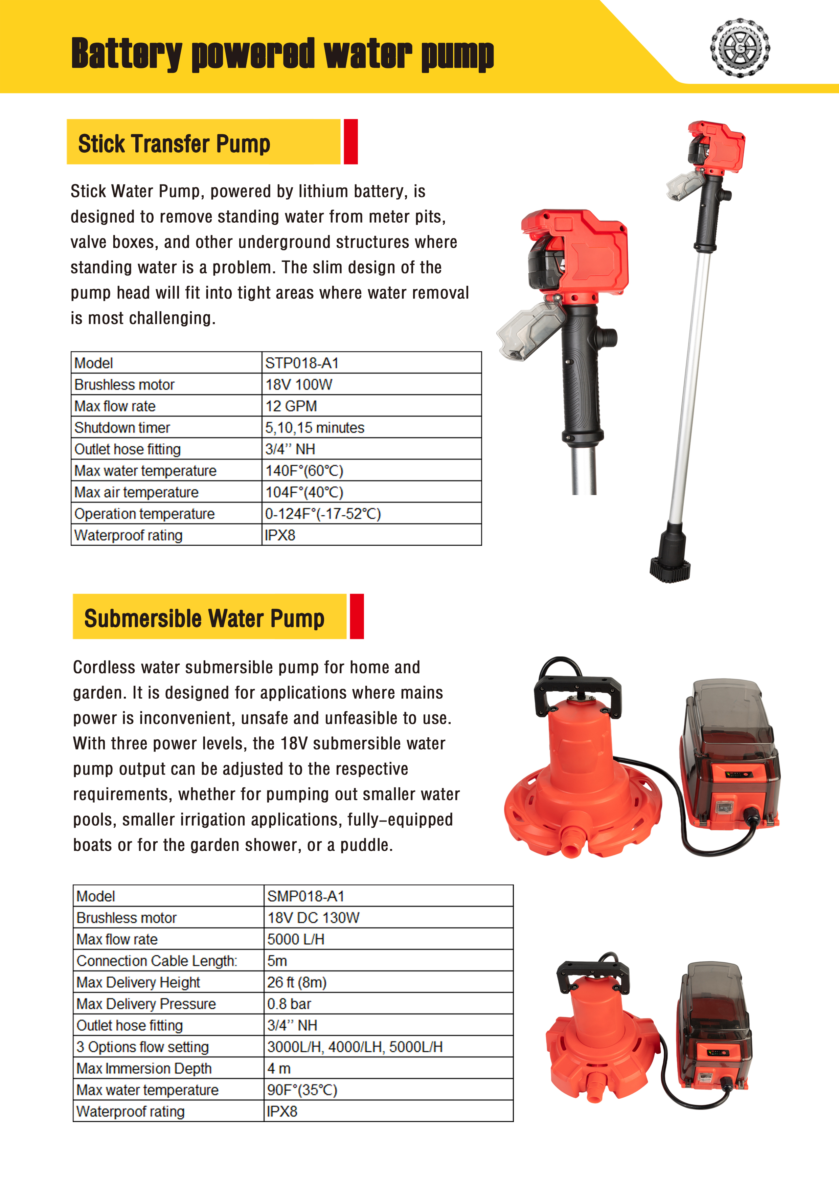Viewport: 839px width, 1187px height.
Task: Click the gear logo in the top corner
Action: (740, 48)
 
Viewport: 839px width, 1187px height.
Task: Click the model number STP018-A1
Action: (302, 363)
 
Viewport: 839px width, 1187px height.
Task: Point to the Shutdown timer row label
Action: (122, 428)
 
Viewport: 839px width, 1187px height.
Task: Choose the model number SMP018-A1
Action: (305, 896)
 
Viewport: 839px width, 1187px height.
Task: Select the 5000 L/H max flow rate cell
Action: (296, 939)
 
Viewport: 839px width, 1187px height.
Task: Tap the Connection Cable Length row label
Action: (157, 961)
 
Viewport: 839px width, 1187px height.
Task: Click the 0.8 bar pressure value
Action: (289, 1004)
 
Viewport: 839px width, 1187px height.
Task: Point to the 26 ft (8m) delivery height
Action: (297, 982)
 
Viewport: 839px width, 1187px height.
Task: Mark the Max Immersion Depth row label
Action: (144, 1068)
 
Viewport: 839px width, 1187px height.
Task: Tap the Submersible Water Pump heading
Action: (204, 618)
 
